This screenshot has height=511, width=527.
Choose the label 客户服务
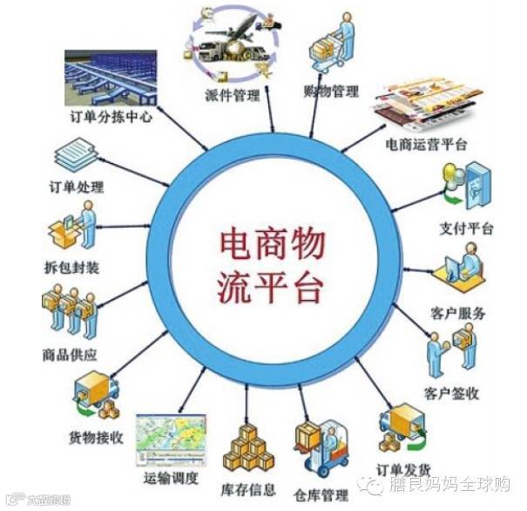pyautogui.click(x=458, y=313)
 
